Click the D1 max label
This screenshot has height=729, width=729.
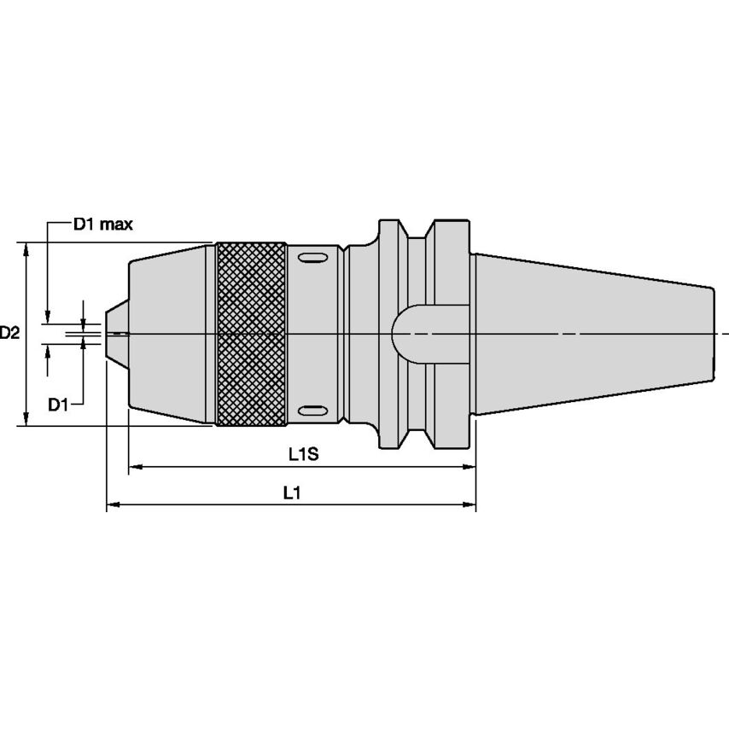(102, 225)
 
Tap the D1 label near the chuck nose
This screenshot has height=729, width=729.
(57, 404)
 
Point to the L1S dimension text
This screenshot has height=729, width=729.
(302, 454)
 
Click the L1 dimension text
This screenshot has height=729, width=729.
(291, 493)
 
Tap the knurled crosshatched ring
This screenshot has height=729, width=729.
(251, 334)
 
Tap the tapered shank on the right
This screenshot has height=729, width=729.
(589, 334)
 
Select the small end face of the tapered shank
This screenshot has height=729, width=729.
(712, 334)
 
